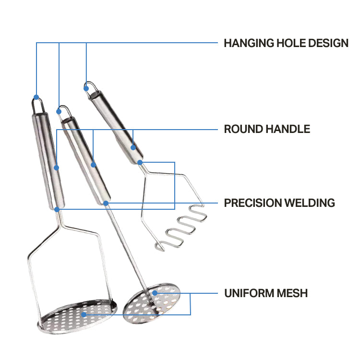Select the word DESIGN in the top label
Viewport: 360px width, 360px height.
pyautogui.click(x=328, y=43)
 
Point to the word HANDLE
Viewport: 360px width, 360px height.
pyautogui.click(x=288, y=129)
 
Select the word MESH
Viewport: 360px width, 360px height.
pyautogui.click(x=292, y=293)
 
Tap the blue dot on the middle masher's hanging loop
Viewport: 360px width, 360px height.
pyautogui.click(x=59, y=111)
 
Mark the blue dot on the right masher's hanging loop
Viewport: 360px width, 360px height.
pyautogui.click(x=86, y=87)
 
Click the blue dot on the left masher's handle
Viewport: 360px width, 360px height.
pyautogui.click(x=57, y=168)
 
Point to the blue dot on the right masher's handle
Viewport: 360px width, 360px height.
pyautogui.click(x=133, y=147)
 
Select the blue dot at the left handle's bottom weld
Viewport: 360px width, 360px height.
pyautogui.click(x=57, y=209)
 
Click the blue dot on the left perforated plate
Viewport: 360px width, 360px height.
pyautogui.click(x=84, y=315)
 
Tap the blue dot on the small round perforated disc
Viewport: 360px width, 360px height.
pyautogui.click(x=155, y=292)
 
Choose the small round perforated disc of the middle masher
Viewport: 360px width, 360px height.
pyautogui.click(x=151, y=302)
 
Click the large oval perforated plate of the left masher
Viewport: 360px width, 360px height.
pyautogui.click(x=77, y=317)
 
